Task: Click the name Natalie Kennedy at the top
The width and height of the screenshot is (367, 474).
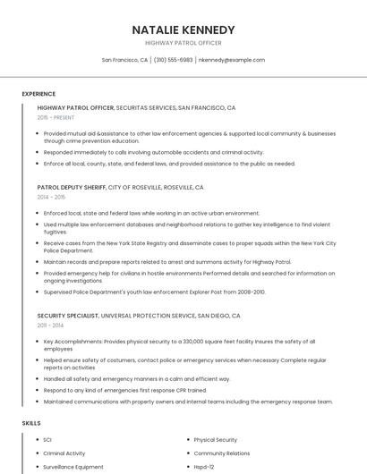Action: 183,30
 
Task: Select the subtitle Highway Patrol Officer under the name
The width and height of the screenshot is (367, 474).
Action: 183,43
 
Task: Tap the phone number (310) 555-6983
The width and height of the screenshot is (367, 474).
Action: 174,60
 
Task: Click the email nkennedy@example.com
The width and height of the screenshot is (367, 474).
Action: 232,60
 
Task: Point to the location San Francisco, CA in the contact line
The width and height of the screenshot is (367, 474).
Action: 124,60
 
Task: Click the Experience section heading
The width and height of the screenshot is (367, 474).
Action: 38,94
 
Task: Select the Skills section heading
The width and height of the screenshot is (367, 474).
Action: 31,422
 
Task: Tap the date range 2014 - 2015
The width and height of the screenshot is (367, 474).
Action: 51,197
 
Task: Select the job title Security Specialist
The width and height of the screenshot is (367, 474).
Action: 68,315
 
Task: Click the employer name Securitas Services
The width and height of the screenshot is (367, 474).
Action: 146,107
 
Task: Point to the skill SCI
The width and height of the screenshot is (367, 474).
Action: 48,440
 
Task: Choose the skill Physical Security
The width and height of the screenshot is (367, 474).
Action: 215,440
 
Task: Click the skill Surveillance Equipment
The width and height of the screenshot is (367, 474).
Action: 73,467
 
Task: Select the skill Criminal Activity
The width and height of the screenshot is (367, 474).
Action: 64,453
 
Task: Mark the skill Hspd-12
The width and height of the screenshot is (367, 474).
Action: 204,467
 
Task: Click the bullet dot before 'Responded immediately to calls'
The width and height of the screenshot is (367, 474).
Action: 38,152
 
